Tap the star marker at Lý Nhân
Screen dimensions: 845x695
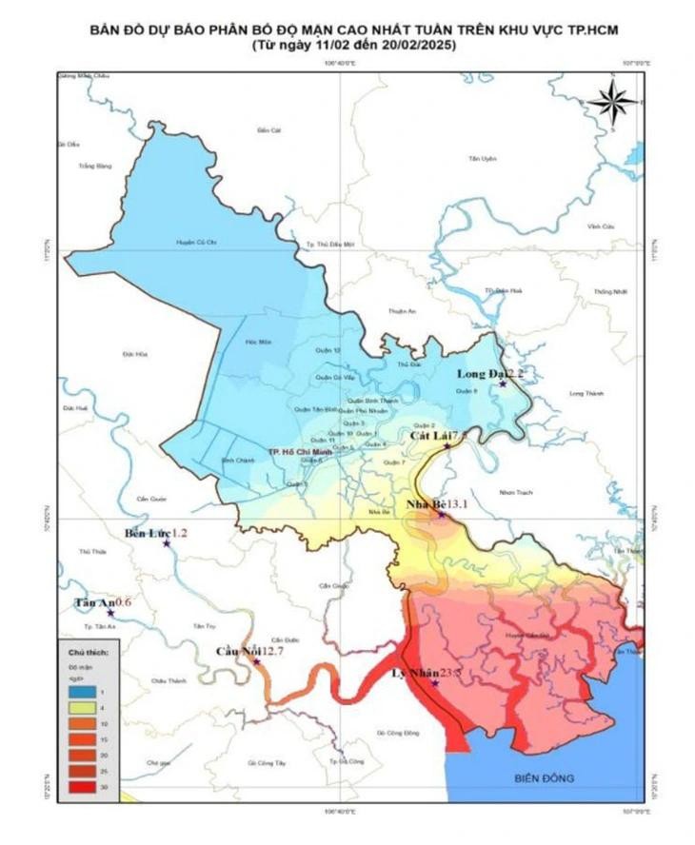[x=435, y=683]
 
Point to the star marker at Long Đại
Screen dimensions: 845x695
[x=503, y=383]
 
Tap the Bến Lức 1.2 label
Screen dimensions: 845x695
[x=156, y=533]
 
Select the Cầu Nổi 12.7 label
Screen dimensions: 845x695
[x=250, y=651]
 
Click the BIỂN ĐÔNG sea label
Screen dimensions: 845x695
[x=544, y=778]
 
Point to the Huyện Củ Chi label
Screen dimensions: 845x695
[x=191, y=243]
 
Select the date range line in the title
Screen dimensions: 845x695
[x=347, y=45]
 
